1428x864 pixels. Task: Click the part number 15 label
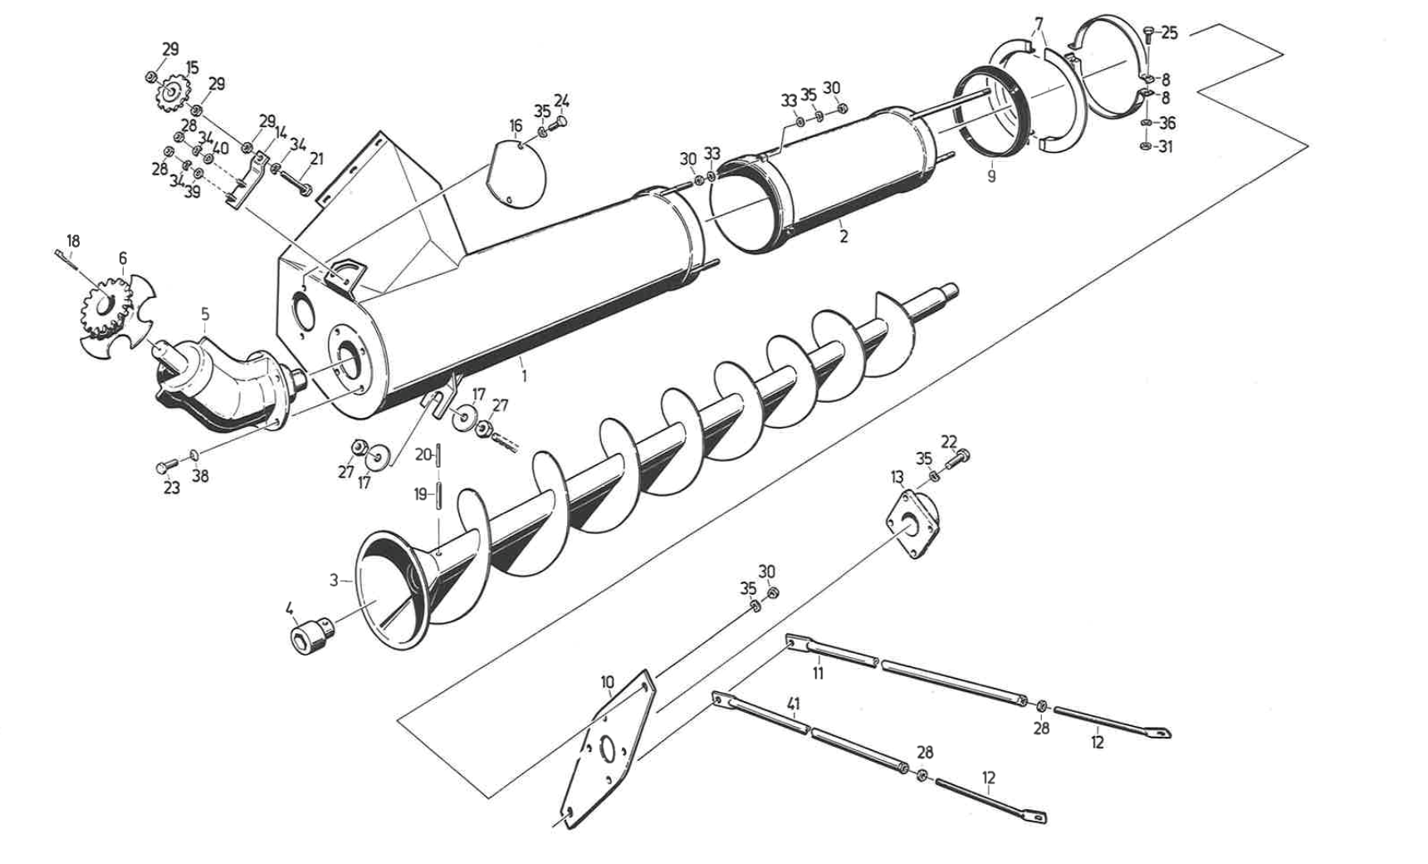[192, 67]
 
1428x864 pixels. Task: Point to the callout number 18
[73, 241]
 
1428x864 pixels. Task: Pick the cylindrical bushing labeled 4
[308, 639]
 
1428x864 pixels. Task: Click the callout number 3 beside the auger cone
[334, 580]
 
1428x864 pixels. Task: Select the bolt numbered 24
[560, 123]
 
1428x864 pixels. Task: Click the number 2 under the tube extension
[844, 236]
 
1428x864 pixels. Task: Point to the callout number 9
[991, 176]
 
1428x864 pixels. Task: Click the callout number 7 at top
[1039, 23]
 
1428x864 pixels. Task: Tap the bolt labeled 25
[1149, 34]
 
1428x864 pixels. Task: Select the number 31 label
[1166, 147]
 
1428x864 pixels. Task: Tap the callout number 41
[794, 705]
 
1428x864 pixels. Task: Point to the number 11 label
[818, 673]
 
